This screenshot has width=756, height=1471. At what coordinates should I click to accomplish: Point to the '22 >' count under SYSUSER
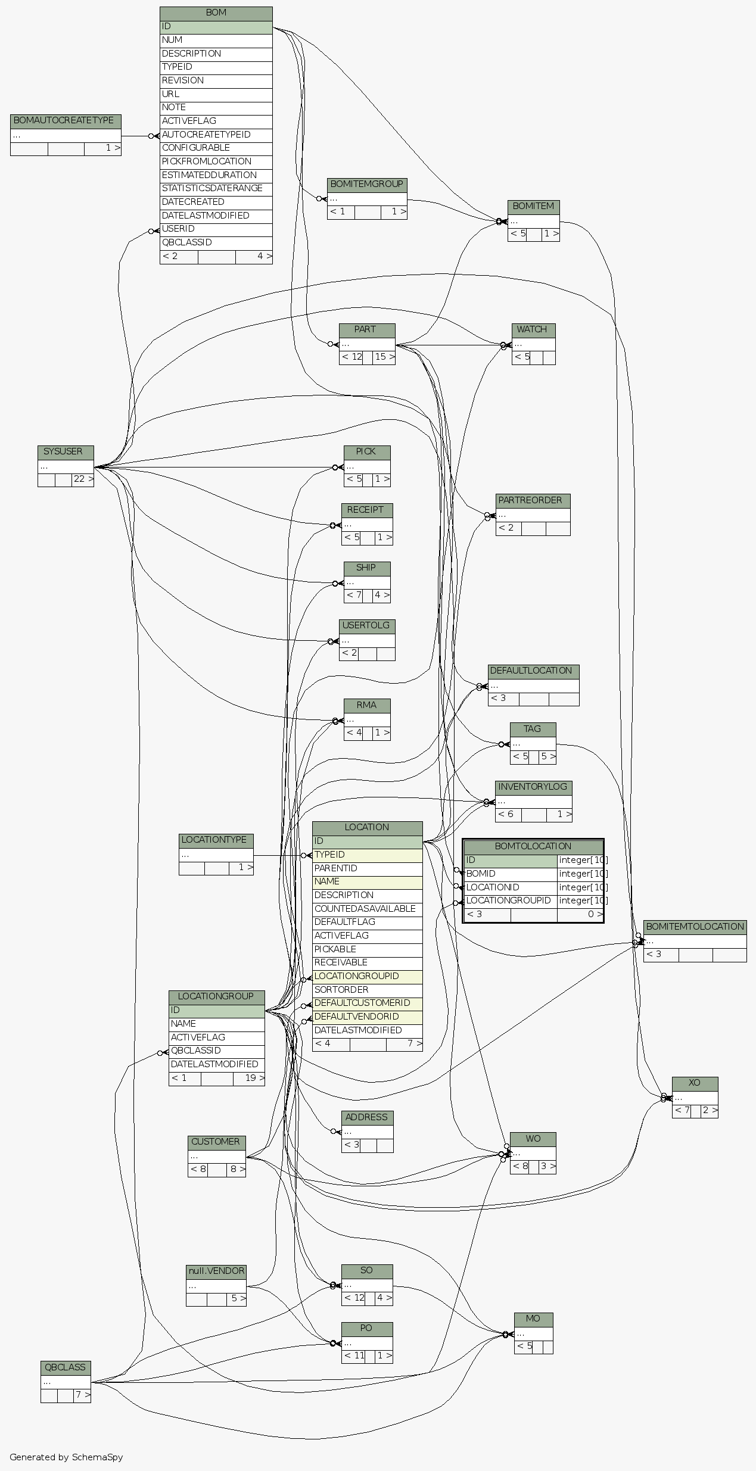point(83,479)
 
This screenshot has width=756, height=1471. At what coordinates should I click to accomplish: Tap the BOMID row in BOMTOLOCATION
point(510,874)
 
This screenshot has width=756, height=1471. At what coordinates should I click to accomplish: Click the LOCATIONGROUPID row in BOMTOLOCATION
point(510,900)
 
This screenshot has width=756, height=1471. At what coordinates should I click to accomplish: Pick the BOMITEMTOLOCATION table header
point(695,927)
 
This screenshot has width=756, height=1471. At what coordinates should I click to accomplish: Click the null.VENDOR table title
point(216,1271)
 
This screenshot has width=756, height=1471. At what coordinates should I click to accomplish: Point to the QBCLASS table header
point(66,1367)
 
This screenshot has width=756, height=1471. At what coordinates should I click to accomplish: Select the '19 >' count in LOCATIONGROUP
point(249,1078)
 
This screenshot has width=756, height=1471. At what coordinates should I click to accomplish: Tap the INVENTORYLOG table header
point(533,787)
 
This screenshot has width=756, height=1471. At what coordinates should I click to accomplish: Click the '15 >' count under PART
point(384,357)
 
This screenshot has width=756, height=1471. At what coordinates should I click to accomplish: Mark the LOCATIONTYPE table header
point(216,840)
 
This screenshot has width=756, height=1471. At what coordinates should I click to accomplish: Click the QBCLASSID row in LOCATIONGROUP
point(216,1051)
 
